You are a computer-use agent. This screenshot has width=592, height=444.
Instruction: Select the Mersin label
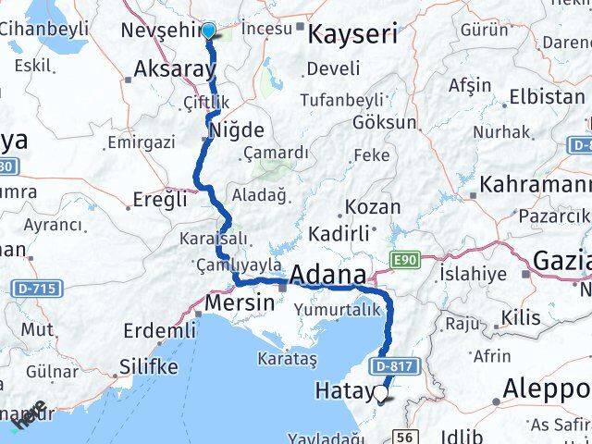pos(239,302)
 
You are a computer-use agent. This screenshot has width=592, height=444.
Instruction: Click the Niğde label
pos(237,130)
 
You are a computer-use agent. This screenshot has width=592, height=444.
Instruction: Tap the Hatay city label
pos(346,392)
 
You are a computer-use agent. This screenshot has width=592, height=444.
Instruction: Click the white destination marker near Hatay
pos(381,395)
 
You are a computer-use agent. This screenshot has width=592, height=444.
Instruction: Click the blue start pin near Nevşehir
pos(208,31)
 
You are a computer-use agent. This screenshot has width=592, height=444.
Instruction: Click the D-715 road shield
pos(38,290)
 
